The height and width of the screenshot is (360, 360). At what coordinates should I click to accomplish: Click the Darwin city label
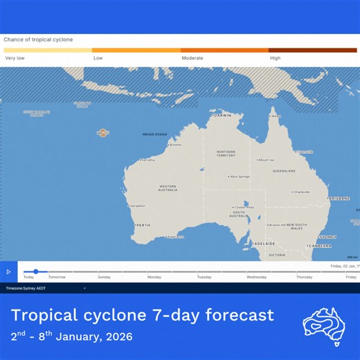(223, 116)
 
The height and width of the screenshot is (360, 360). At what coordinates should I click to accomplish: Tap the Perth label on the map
(143, 225)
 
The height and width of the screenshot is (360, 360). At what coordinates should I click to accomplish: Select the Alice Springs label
(240, 177)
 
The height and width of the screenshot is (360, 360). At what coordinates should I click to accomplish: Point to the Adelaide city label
(264, 244)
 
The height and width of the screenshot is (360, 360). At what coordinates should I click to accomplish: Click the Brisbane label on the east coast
(340, 199)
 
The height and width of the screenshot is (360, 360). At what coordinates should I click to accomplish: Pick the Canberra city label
(321, 246)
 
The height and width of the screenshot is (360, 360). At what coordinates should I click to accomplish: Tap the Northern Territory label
(226, 154)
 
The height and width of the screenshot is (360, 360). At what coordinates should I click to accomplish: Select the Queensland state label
(284, 170)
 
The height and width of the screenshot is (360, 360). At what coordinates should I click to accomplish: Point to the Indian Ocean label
(154, 134)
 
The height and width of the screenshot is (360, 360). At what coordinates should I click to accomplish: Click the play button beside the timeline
(8, 272)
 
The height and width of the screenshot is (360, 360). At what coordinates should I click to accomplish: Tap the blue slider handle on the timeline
(36, 271)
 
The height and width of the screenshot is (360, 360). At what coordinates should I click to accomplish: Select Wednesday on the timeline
(256, 277)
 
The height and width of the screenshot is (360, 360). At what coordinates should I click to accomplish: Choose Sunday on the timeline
(104, 277)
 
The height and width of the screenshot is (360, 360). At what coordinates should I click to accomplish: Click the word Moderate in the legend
(192, 58)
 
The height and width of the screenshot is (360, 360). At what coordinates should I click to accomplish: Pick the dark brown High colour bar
(313, 51)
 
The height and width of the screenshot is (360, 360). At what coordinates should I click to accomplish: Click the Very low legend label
(15, 58)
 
